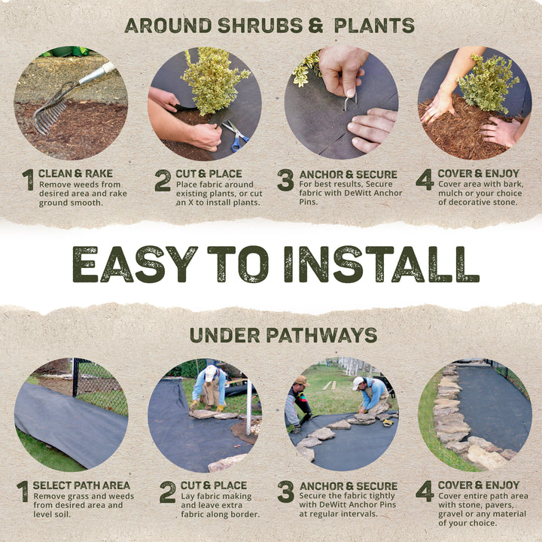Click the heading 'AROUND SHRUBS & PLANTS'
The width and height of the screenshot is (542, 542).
(x=269, y=25)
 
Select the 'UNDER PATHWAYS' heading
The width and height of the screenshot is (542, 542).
(x=283, y=335)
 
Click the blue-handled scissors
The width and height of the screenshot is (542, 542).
(x=236, y=135)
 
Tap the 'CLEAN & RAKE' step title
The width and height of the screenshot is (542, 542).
(x=75, y=174)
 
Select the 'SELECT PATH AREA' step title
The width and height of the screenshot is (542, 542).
(x=81, y=486)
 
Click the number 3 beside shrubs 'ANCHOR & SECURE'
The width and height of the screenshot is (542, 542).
(x=285, y=180)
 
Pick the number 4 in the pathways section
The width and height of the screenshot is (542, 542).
(x=424, y=492)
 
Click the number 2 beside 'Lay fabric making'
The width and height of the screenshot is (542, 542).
(x=167, y=492)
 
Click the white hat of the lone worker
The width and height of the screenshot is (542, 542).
(x=211, y=371)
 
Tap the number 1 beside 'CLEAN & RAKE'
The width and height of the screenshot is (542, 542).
(x=29, y=180)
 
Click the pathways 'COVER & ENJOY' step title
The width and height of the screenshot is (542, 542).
(x=478, y=486)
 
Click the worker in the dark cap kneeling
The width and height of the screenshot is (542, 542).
(x=300, y=399)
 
